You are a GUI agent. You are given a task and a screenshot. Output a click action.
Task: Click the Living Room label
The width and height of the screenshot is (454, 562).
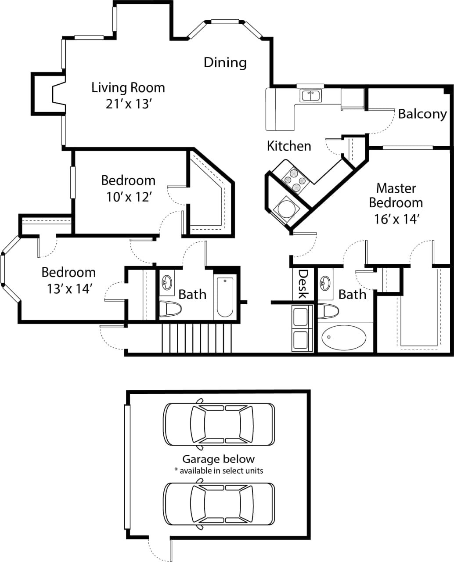[x=128, y=87]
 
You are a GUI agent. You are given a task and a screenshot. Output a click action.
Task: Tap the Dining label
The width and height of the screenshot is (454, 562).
[x=225, y=62]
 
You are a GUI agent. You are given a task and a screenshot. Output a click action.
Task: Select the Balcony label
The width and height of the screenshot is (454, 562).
[x=422, y=114]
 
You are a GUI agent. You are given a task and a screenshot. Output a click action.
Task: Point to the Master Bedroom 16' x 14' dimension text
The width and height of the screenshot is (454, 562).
[x=396, y=219]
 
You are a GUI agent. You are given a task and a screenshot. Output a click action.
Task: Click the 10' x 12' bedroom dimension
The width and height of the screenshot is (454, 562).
[x=128, y=197]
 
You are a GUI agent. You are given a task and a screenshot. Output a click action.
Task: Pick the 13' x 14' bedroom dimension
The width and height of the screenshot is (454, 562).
[x=69, y=288]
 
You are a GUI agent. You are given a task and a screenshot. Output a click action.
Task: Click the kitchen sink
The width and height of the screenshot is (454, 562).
[x=311, y=95]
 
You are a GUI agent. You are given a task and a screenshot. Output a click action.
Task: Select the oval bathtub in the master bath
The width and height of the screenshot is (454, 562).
[x=344, y=338]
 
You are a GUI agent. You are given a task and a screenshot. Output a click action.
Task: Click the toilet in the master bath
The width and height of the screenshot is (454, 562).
[x=328, y=311]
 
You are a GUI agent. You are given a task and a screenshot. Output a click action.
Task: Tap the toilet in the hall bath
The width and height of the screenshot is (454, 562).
[x=169, y=309]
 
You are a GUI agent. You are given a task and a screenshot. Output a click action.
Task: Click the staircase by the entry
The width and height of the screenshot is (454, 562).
[x=196, y=338]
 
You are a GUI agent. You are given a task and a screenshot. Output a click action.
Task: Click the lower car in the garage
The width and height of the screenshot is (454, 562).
[x=219, y=504]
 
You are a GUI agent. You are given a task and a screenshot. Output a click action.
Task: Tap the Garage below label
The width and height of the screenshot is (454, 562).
[x=218, y=459]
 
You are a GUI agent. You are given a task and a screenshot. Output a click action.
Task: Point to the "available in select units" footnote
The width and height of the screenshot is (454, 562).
[x=219, y=471]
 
